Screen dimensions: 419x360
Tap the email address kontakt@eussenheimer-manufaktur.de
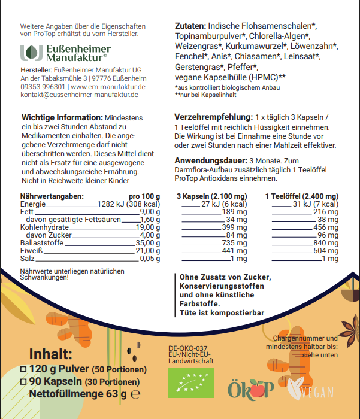click(x=79, y=95)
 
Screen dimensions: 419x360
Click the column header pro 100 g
click(x=144, y=196)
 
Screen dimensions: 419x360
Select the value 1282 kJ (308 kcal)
click(x=129, y=204)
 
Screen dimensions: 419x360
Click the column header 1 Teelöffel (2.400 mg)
click(x=301, y=196)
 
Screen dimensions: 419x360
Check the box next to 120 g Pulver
click(x=23, y=369)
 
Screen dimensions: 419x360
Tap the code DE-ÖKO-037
click(x=188, y=348)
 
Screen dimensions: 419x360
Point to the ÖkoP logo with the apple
click(x=252, y=388)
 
